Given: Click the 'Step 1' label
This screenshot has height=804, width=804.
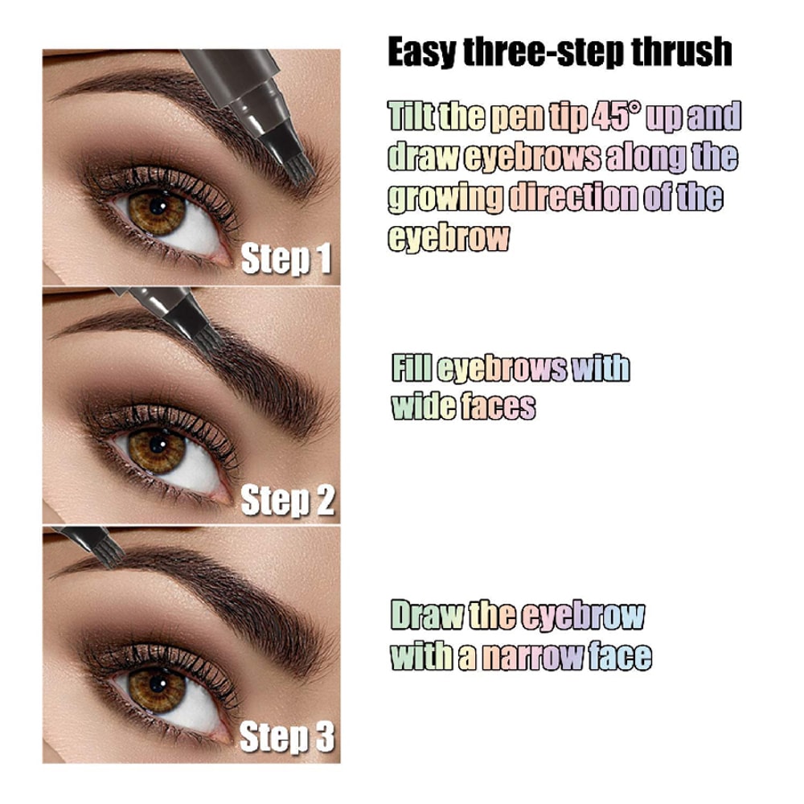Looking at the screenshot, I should coord(286,259).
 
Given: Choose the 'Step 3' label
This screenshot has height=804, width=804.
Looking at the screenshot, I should coord(287,737).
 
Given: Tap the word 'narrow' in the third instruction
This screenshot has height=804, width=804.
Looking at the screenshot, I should coord(532,656).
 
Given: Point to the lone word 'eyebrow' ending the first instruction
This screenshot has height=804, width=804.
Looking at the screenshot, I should coord(449,238).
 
